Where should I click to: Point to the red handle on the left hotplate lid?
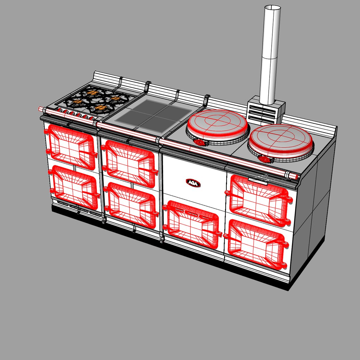coord(200,142)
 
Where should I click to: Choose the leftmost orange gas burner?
coord(77,101)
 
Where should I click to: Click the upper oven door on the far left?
coord(71,143)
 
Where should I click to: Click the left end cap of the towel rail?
coord(40,108)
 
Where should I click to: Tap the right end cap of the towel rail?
coord(295,176)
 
